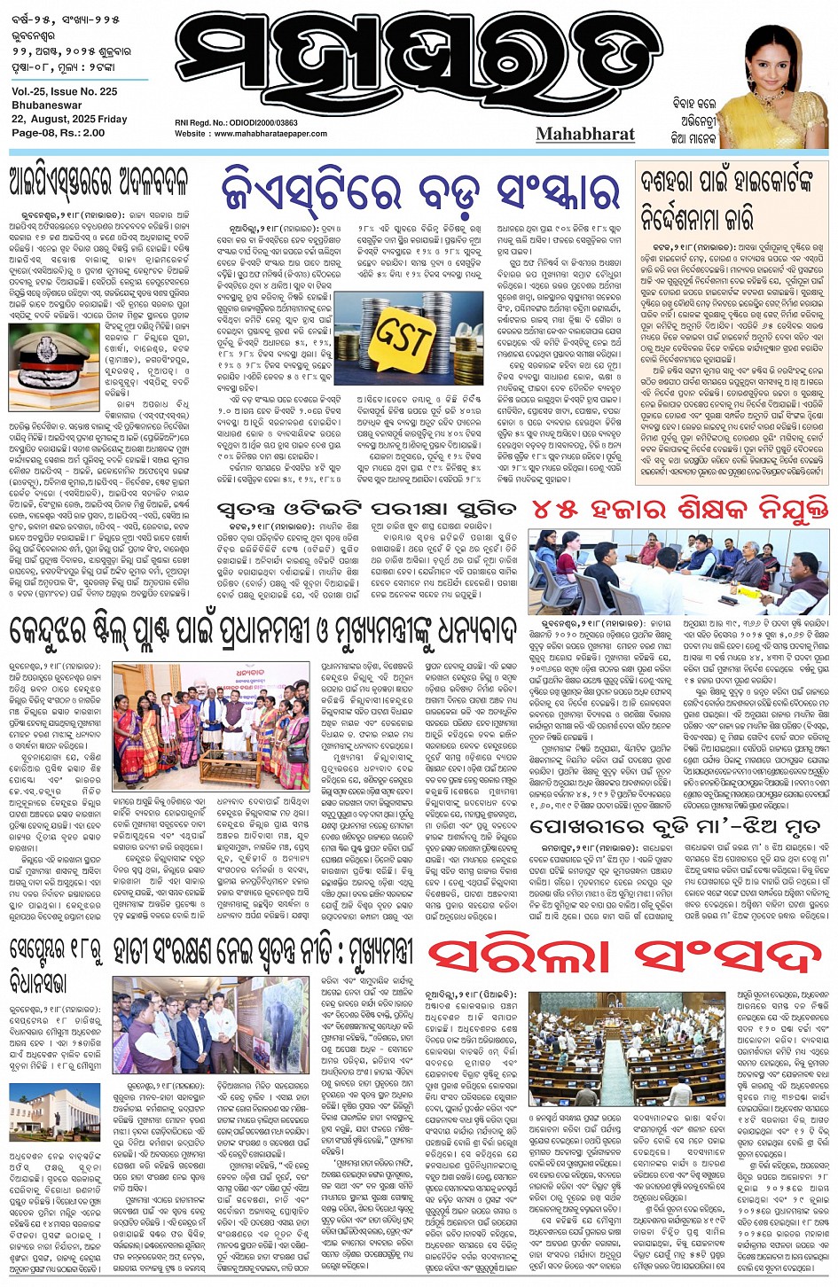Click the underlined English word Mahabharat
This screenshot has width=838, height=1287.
[x=585, y=134]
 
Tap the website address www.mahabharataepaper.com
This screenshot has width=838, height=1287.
[x=270, y=134]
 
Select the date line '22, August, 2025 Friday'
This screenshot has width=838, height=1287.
[x=69, y=119]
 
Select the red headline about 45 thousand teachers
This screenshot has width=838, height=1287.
[x=679, y=509]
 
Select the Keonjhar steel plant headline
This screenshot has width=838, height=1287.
[x=262, y=632]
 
